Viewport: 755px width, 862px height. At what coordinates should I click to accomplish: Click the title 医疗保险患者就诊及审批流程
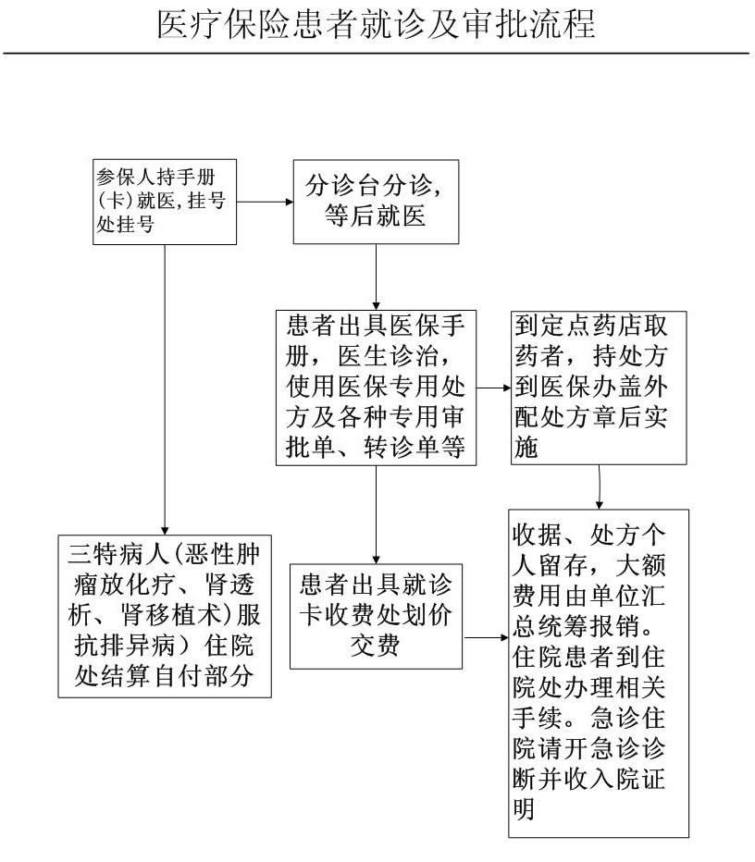coord(377,24)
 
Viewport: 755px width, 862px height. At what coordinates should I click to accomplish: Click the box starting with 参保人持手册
coord(165,202)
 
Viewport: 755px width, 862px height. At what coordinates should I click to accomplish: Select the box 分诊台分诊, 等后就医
coord(376,202)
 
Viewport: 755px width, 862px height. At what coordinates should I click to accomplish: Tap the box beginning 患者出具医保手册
coord(377,388)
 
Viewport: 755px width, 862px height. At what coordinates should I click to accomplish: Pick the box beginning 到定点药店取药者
coord(599,388)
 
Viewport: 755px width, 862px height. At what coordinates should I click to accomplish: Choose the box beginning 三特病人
coord(165,616)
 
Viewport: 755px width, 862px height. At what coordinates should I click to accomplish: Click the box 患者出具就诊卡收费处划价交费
coord(377,616)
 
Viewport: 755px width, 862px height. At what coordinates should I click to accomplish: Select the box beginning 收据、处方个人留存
coord(599,673)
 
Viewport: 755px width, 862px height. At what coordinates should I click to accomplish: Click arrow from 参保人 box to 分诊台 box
coord(265,202)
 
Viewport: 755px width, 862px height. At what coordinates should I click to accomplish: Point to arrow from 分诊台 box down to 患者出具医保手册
coord(377,277)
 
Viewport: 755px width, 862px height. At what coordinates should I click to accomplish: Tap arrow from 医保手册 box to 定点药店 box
coord(493,388)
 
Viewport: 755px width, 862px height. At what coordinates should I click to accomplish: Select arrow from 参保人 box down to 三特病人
coord(165,389)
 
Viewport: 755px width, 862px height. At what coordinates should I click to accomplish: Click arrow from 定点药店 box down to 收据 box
coord(599,487)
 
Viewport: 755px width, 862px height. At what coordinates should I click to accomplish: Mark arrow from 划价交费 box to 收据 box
coord(486,637)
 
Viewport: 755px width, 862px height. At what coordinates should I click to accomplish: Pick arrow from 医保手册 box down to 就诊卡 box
coord(377,514)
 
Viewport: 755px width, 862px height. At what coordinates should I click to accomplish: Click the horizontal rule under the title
coord(377,54)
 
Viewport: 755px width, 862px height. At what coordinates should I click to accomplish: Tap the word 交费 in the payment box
coord(376,646)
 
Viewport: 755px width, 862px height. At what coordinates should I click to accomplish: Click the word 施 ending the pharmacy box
coord(526,448)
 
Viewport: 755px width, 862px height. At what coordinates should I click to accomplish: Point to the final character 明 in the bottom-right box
coord(524,808)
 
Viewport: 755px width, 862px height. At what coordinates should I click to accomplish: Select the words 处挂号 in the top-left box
coord(126,225)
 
